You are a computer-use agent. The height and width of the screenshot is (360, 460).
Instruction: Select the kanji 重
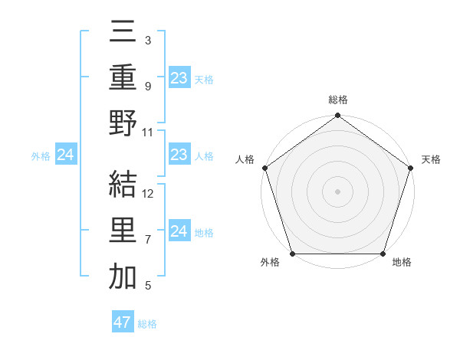[x=123, y=78]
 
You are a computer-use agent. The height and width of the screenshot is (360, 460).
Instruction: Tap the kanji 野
[x=123, y=124]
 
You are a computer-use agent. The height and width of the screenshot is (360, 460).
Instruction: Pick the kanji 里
[x=123, y=231]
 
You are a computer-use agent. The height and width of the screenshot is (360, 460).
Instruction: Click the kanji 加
[x=123, y=277]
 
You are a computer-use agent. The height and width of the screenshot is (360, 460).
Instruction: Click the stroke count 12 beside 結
[x=149, y=193]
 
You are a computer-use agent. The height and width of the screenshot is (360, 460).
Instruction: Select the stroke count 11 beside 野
[x=149, y=132]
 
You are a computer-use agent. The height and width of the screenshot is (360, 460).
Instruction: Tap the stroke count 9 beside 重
[x=148, y=86]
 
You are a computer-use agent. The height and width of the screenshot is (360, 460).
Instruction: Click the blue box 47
[x=123, y=322]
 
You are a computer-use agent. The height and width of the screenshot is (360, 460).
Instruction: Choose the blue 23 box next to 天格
[x=179, y=78]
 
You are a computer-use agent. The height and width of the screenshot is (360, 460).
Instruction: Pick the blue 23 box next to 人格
[x=179, y=155]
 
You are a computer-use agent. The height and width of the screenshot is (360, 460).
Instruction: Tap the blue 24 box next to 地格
[x=179, y=231]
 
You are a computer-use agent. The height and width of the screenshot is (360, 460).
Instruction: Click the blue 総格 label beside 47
[x=147, y=324]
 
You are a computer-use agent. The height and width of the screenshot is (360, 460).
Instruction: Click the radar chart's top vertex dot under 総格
[x=337, y=116]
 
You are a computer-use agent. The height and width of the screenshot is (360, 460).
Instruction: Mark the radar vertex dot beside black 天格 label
[x=410, y=169]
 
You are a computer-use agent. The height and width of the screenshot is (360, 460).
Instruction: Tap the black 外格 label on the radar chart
[x=270, y=263]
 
